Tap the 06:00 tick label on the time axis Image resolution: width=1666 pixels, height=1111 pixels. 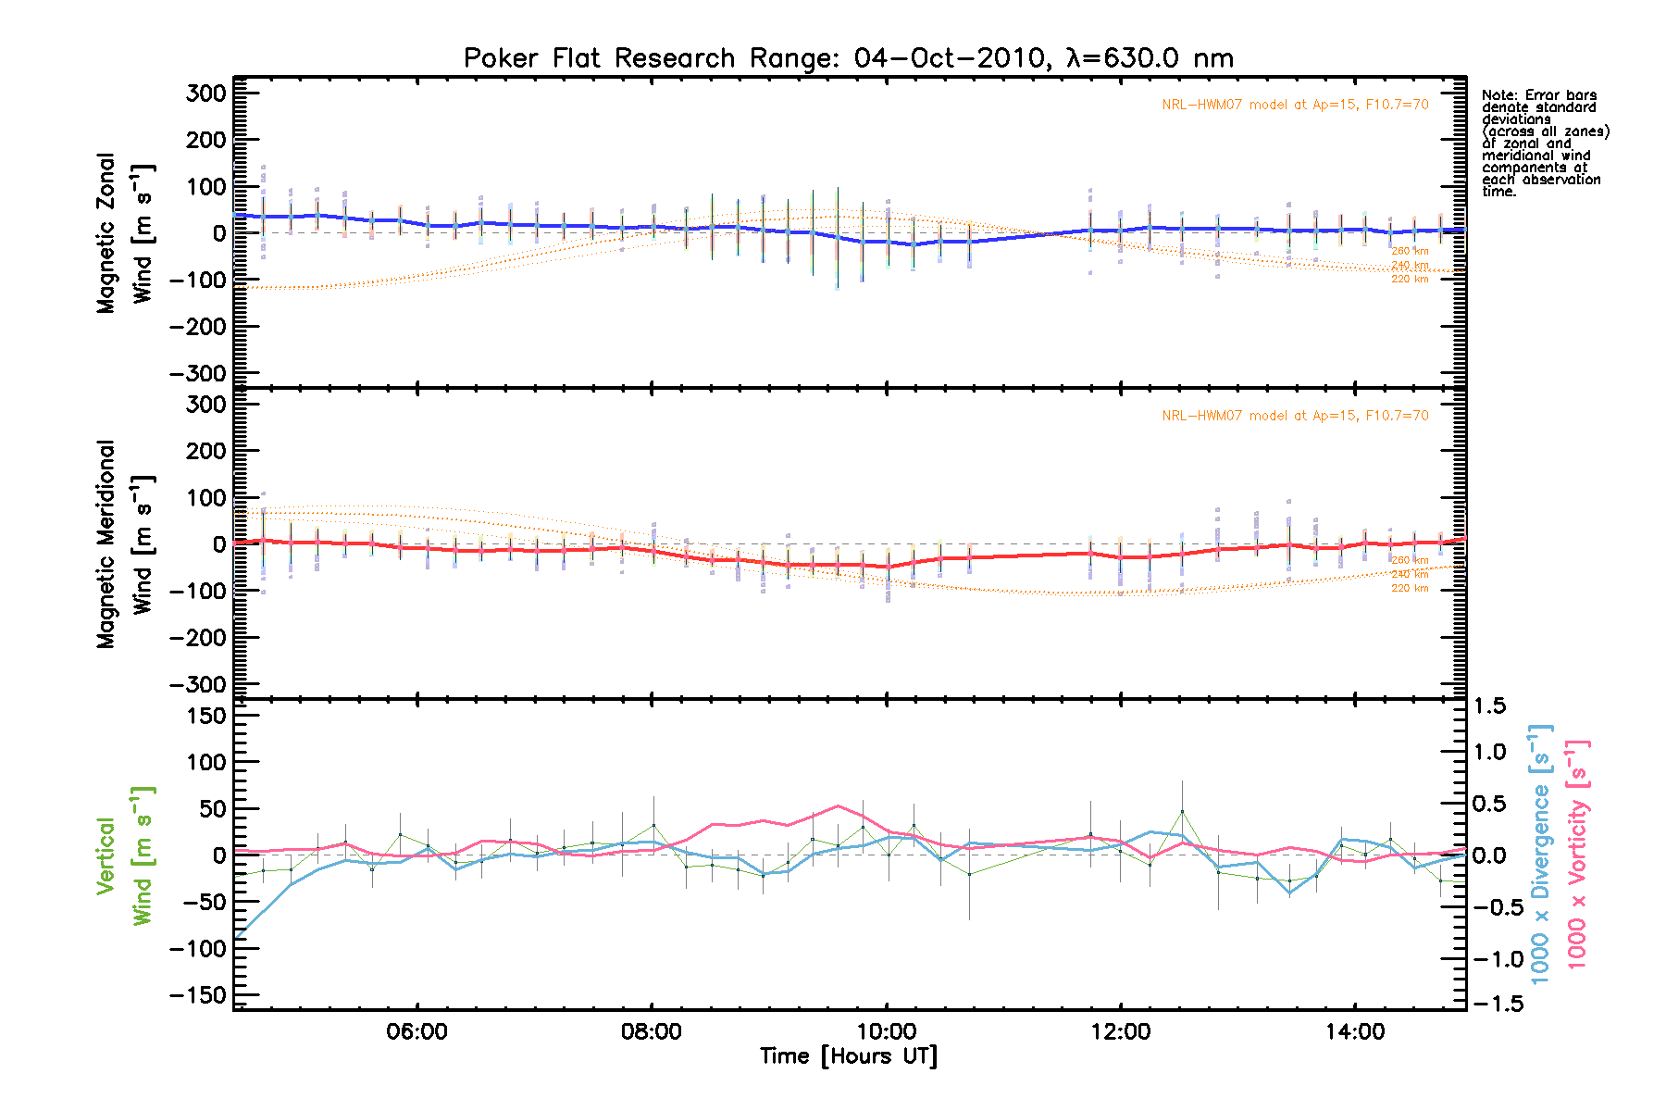[418, 1031]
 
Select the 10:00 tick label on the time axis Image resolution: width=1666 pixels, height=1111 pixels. [887, 1031]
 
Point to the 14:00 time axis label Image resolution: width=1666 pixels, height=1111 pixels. [1355, 1031]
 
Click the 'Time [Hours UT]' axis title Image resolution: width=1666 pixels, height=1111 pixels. [849, 1056]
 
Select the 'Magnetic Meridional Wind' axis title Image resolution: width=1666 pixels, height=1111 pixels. [124, 544]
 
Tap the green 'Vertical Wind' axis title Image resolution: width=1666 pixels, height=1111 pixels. [124, 855]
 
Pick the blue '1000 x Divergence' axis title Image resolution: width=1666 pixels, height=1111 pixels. [1540, 854]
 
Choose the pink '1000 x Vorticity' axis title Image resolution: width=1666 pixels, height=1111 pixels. [1577, 854]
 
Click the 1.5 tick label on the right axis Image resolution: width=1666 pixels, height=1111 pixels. [1489, 706]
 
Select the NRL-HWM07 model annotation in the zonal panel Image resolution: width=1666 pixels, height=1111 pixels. [1295, 105]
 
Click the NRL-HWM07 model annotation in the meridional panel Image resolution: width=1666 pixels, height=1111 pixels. [1295, 416]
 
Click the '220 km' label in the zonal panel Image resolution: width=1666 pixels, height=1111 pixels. [1410, 280]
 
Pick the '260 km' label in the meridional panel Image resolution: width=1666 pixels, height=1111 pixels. [1410, 560]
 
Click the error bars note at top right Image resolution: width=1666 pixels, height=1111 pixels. [1545, 144]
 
